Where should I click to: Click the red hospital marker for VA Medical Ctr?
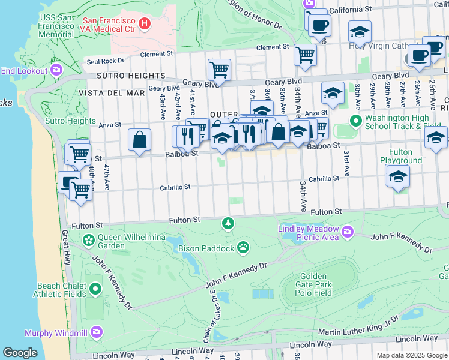pyautogui.click(x=144, y=23)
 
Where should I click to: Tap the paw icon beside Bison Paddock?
pyautogui.click(x=243, y=246)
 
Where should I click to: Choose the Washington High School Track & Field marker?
pyautogui.click(x=355, y=121)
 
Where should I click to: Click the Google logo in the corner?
pyautogui.click(x=20, y=353)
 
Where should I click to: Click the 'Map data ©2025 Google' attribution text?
pyautogui.click(x=412, y=355)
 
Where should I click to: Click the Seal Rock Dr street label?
pyautogui.click(x=105, y=61)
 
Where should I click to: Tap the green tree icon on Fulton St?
pyautogui.click(x=228, y=224)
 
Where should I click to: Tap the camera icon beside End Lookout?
pyautogui.click(x=56, y=70)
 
